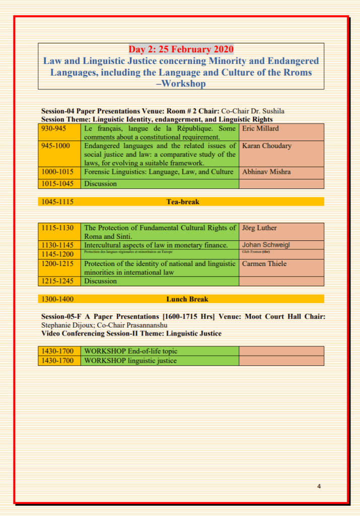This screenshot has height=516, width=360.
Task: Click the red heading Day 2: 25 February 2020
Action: point(181,49)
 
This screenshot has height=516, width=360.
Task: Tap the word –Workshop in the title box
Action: point(181,84)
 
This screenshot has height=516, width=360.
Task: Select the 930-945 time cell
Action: point(53,128)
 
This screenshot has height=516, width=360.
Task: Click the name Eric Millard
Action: point(260,128)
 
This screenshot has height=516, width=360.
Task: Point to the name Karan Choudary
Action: point(267,146)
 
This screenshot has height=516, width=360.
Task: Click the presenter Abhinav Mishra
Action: point(266,172)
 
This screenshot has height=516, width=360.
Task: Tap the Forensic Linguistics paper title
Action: point(159,172)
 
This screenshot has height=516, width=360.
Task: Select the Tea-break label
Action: point(183,202)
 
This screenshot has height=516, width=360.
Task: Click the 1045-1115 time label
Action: point(57,202)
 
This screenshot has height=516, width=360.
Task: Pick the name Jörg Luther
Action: point(259,228)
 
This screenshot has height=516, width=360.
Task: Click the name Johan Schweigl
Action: point(267,245)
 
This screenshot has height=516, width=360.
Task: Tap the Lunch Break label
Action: point(187,299)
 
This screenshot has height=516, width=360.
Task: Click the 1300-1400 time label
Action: point(57,299)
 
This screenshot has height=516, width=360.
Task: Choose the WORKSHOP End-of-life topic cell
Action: point(131,351)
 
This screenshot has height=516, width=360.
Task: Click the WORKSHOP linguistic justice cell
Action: point(130,361)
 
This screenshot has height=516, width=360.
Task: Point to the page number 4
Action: point(319,486)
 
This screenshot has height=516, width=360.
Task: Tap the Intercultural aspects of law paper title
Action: point(156,245)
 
